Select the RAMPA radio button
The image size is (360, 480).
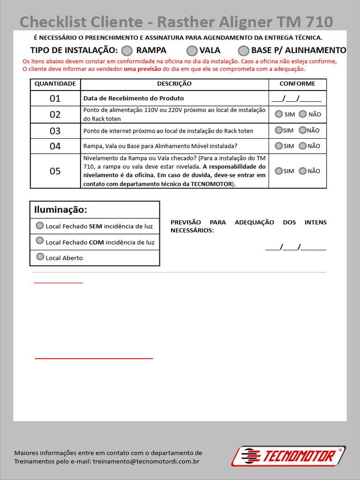(127, 51)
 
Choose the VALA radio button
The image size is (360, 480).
(192, 51)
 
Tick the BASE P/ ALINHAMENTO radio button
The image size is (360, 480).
(243, 51)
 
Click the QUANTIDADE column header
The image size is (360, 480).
(55, 84)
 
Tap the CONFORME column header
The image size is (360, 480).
(297, 84)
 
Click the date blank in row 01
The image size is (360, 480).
(296, 98)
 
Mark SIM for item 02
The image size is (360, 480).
(279, 114)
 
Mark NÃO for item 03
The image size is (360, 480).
(302, 130)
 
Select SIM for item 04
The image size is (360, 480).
(279, 146)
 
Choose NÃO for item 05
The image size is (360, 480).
(302, 171)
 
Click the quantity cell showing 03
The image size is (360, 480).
(55, 131)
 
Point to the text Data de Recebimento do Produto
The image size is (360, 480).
(134, 98)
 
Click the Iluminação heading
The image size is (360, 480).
(61, 210)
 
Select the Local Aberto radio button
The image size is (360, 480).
(40, 257)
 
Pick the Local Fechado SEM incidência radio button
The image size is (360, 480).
(40, 225)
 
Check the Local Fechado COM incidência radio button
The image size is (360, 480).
(40, 241)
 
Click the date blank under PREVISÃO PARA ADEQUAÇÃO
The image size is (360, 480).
(296, 247)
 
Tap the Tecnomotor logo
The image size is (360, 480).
(289, 456)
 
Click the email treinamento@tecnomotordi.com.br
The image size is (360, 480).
(146, 462)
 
